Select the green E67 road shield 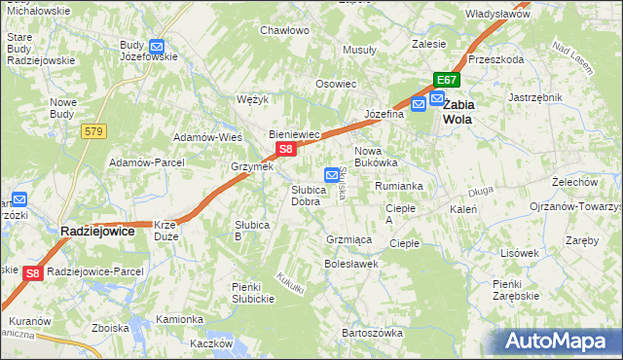(x=447, y=81)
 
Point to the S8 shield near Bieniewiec (x=284, y=150)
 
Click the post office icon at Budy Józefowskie (x=157, y=46)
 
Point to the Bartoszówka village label (x=372, y=333)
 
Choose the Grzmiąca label (x=350, y=238)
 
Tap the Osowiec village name (x=335, y=84)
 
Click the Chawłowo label (x=284, y=30)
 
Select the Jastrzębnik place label (x=535, y=97)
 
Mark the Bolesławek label (x=351, y=264)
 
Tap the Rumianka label (x=398, y=186)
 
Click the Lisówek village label (x=519, y=252)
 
